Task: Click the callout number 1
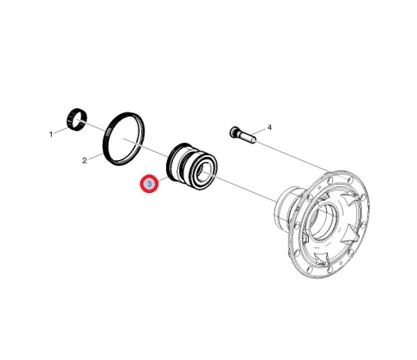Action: [51, 134]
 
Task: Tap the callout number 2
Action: [85, 161]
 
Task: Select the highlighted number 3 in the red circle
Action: [149, 184]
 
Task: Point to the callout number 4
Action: [269, 128]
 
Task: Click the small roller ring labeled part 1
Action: [77, 120]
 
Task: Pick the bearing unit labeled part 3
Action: [192, 166]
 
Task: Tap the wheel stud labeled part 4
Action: [243, 135]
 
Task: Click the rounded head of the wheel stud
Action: [234, 132]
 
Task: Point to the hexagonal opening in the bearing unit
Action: [205, 171]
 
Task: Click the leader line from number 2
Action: [95, 156]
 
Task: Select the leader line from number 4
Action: [258, 131]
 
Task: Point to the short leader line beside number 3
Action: [163, 179]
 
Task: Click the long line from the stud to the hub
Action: [293, 156]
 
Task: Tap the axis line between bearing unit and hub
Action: [240, 186]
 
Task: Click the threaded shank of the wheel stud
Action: [247, 138]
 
